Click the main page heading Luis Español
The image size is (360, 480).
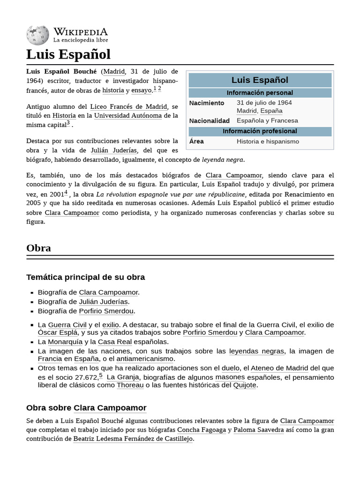click(68, 54)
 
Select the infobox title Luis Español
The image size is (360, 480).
click(260, 80)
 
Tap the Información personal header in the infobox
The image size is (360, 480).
click(260, 93)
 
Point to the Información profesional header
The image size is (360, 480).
click(260, 131)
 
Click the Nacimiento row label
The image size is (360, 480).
click(207, 103)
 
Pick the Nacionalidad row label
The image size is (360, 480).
click(209, 120)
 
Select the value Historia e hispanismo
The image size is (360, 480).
click(268, 142)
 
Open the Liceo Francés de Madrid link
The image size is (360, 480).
click(128, 106)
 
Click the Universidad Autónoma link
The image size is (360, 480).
click(128, 115)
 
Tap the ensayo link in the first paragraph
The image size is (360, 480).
click(141, 90)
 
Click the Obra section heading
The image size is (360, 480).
click(39, 248)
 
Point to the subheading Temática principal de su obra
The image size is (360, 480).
click(86, 277)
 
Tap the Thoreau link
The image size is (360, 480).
click(130, 385)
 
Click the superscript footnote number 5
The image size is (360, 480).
click(101, 375)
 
